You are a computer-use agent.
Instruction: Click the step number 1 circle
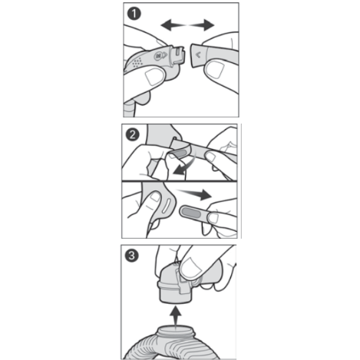pos(134,13)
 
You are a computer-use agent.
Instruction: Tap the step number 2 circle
pos(133,134)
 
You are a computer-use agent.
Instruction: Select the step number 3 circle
pos(132,256)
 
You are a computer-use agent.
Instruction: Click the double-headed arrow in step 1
pos(187,25)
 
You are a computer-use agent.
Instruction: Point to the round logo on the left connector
pos(159,55)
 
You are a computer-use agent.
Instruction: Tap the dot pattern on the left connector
pos(137,62)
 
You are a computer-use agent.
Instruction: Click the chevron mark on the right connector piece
pos(198,54)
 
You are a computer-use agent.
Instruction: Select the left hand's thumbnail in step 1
pos(155,76)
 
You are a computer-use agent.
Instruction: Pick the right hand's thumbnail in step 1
pos(216,69)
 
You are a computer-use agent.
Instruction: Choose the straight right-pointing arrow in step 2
pos(194,193)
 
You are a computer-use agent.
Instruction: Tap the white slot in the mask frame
pos(167,206)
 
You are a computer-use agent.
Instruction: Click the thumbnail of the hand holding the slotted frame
pos(155,197)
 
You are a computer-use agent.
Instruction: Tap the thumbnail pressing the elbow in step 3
pos(190,268)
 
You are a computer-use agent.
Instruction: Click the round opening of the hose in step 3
pos(176,329)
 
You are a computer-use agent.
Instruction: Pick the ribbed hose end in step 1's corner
pos(130,110)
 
